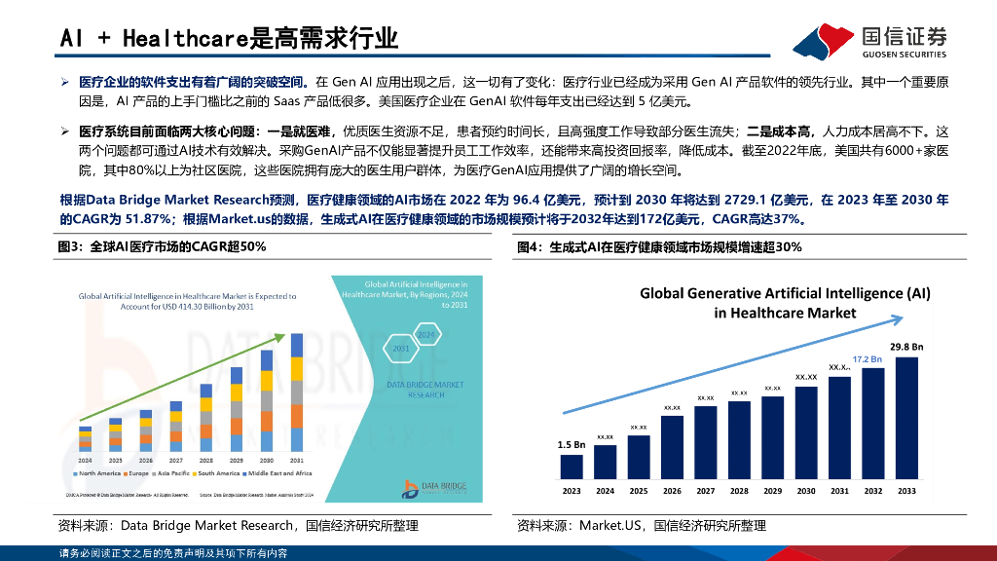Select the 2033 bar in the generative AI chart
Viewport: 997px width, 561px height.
tap(906, 418)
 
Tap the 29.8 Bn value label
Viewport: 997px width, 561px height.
tap(905, 346)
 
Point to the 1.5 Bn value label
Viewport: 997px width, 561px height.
tap(571, 444)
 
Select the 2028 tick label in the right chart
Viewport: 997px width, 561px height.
tap(739, 491)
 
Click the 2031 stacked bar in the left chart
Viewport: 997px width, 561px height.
tap(295, 400)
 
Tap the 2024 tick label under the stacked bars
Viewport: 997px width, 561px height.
tap(86, 460)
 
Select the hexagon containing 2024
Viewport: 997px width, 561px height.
tap(425, 335)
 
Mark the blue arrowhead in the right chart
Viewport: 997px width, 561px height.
tap(883, 367)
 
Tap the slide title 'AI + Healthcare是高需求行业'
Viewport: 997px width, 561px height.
tap(230, 38)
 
